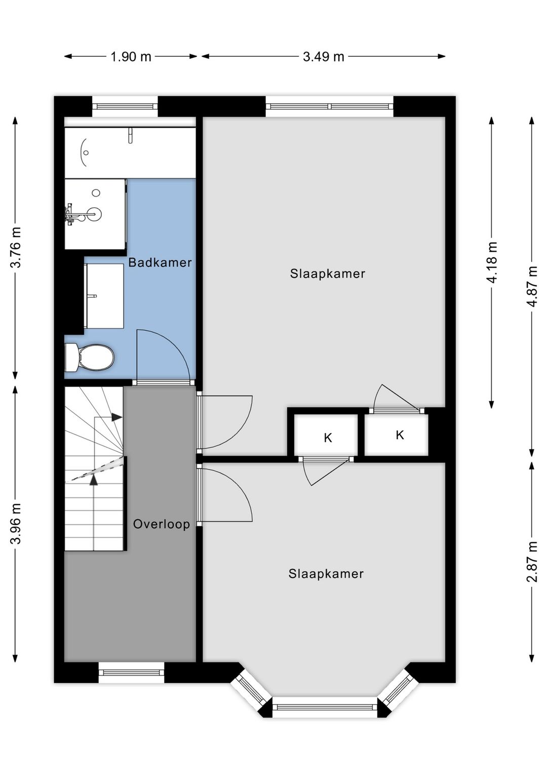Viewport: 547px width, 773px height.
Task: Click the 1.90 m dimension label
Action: click(131, 57)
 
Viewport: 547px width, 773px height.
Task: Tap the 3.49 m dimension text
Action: click(323, 57)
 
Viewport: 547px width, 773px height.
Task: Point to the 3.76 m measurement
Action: click(16, 247)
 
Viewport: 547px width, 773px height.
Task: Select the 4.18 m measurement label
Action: click(492, 262)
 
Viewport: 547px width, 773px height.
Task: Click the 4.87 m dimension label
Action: click(532, 286)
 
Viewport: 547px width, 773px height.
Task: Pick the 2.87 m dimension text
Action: click(532, 561)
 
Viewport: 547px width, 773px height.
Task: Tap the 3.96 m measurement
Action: click(16, 523)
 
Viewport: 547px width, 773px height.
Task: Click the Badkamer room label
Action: click(160, 262)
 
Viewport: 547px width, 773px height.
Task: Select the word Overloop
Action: click(162, 524)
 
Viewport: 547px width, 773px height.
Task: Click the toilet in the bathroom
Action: click(89, 358)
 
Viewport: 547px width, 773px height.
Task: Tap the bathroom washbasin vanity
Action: click(104, 296)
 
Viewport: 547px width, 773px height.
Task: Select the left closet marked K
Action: click(326, 436)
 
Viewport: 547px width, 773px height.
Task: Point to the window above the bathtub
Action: click(125, 107)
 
